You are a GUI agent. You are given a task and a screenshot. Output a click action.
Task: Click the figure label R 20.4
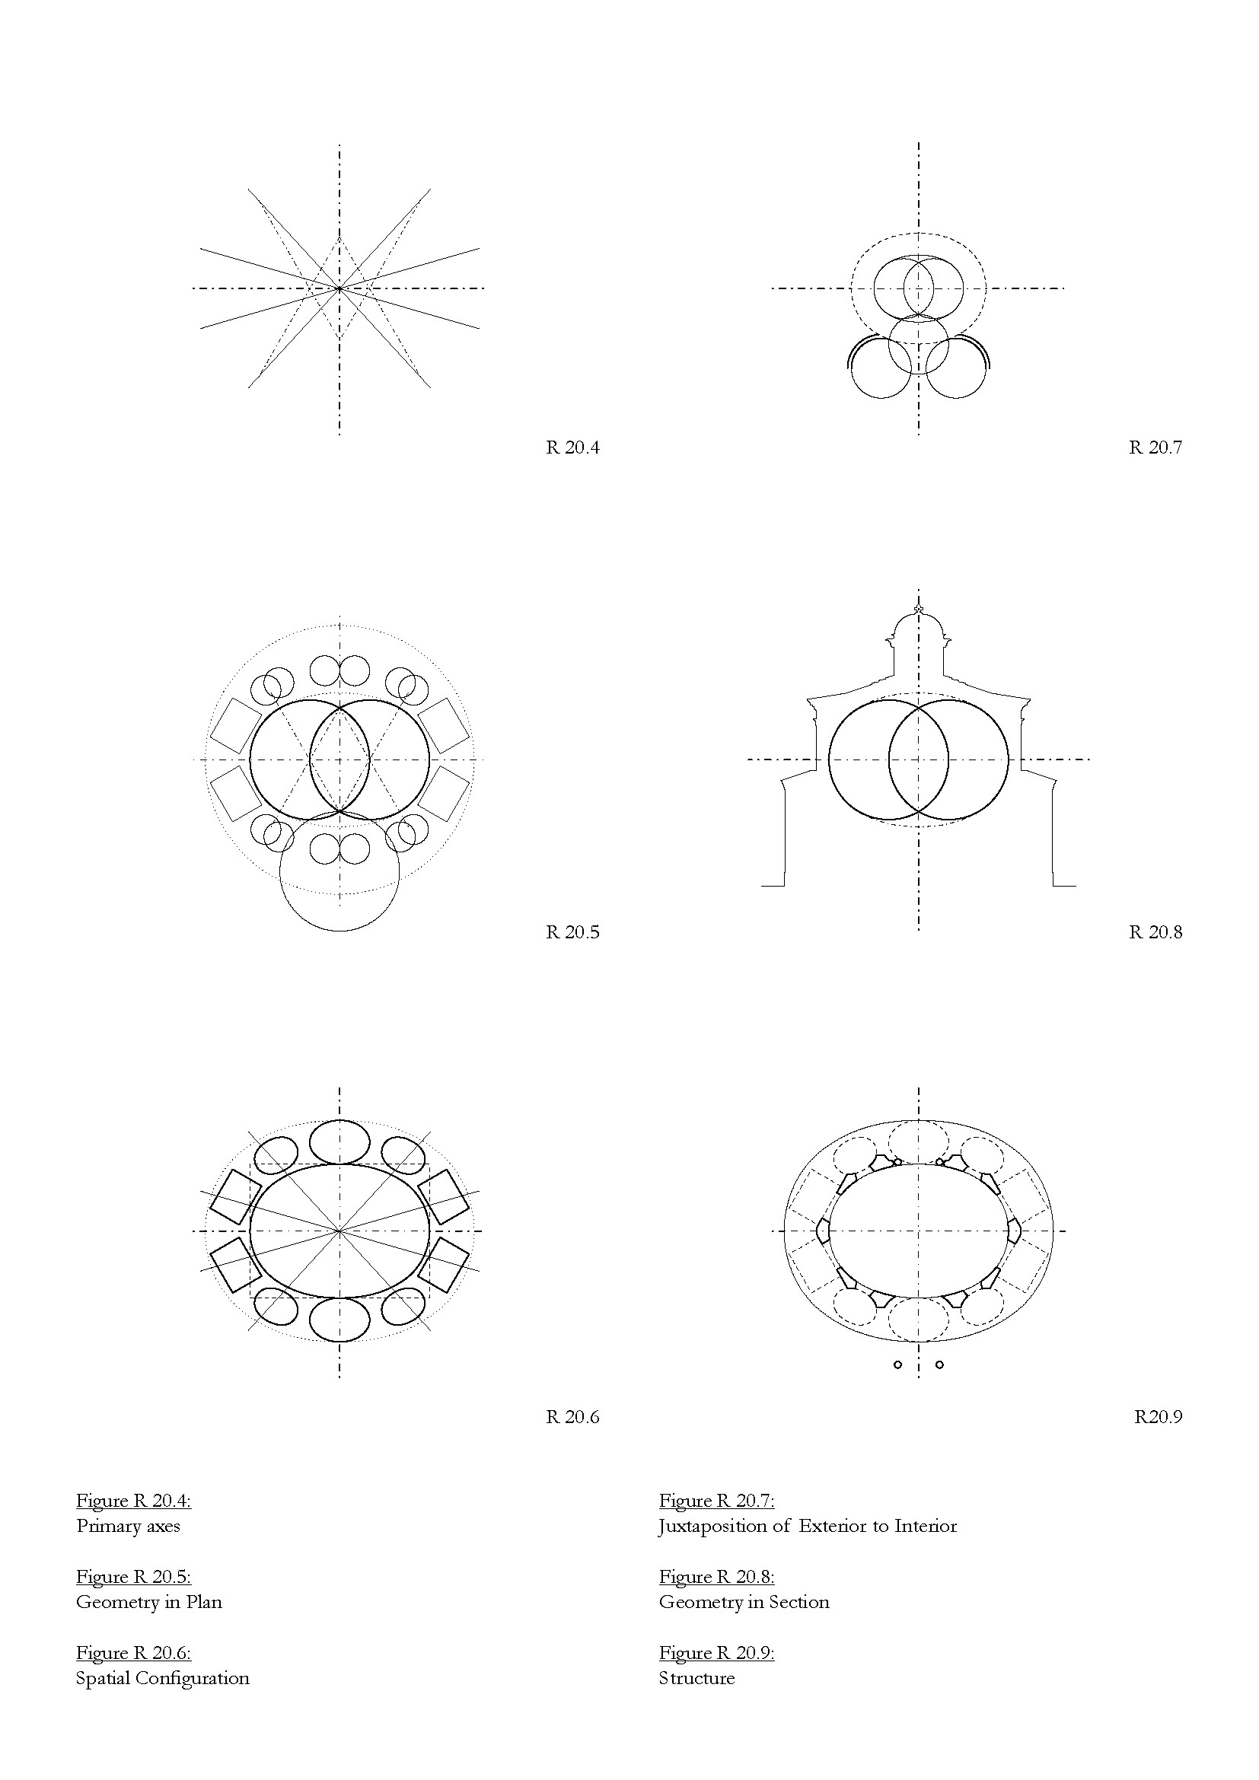tap(572, 447)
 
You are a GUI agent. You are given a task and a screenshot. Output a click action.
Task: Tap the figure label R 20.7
tap(1155, 447)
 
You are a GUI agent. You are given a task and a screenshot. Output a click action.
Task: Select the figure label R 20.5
tap(572, 932)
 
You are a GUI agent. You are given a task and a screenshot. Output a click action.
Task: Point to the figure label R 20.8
tap(1155, 932)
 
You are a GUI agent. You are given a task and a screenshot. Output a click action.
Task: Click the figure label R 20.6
tap(572, 1417)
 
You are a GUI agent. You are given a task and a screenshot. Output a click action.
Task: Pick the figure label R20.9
tap(1159, 1417)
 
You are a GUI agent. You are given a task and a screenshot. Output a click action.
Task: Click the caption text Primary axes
tap(128, 1527)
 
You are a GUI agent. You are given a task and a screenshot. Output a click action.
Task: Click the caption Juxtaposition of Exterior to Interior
tap(808, 1527)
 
